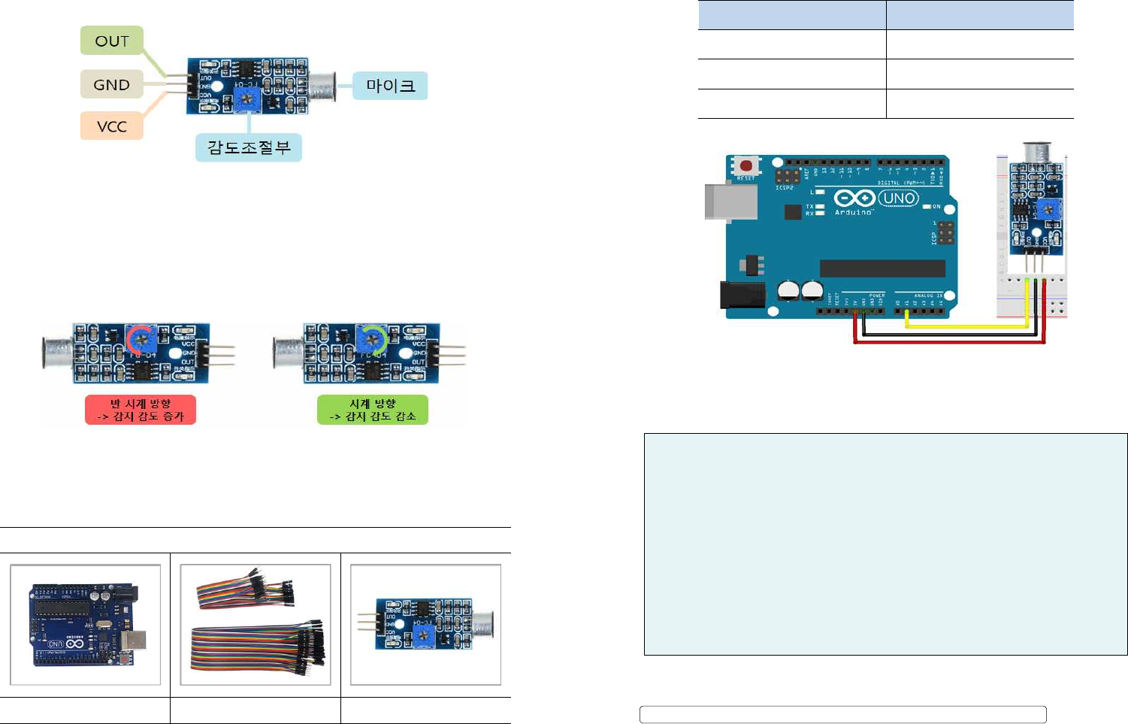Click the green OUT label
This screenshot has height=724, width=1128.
click(x=111, y=41)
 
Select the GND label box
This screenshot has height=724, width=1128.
click(x=111, y=84)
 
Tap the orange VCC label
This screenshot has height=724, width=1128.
click(x=111, y=126)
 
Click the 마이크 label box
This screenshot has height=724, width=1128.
click(x=390, y=86)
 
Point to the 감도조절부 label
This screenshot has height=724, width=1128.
click(x=249, y=147)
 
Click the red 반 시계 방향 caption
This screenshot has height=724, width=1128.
click(x=141, y=410)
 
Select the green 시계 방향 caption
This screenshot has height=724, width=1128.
click(x=373, y=410)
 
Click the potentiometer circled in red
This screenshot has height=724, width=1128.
click(x=141, y=341)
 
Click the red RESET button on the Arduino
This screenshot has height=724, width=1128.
click(x=746, y=165)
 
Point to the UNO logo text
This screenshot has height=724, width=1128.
click(x=898, y=198)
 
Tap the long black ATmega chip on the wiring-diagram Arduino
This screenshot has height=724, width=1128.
click(x=882, y=268)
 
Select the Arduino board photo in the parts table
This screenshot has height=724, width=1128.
click(x=86, y=625)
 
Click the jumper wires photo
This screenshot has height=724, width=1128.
click(x=256, y=625)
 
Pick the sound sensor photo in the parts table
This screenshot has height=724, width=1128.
click(x=426, y=625)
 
